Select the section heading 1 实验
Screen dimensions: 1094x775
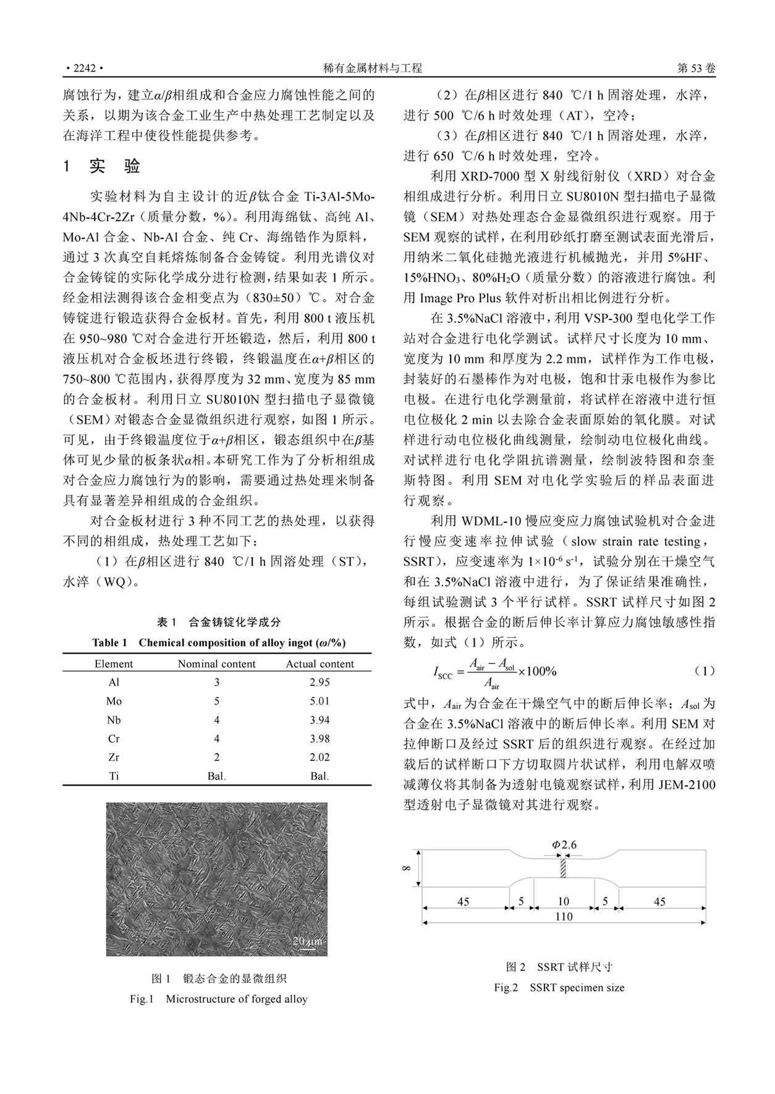[103, 166]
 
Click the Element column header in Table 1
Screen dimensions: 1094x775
[114, 664]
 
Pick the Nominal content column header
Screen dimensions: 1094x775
[216, 664]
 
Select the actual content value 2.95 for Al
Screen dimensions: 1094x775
[320, 683]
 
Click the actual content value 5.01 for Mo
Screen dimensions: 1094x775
[320, 701]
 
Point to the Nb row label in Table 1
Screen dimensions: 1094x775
[114, 720]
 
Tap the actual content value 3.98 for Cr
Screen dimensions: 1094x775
[320, 739]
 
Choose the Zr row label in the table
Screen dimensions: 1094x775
[114, 757]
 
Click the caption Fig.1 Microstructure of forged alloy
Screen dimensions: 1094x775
[218, 999]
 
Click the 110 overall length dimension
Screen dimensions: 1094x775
[564, 917]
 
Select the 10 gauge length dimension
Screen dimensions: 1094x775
[564, 901]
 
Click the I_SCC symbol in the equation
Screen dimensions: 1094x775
[443, 673]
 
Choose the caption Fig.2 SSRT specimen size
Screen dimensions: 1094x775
[559, 988]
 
